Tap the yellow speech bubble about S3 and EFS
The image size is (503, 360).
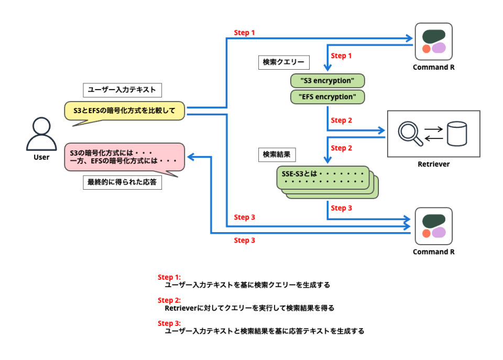click(x=124, y=111)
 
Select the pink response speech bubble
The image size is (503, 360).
click(x=124, y=157)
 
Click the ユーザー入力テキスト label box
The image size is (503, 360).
click(x=122, y=90)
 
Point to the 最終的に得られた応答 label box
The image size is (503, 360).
click(x=122, y=182)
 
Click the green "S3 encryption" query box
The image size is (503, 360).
click(x=327, y=81)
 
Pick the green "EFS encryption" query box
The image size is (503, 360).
click(x=327, y=96)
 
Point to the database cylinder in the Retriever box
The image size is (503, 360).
click(x=456, y=134)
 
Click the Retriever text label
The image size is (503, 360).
click(x=433, y=164)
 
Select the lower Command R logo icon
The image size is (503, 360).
click(x=433, y=226)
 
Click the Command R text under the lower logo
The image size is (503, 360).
click(x=433, y=252)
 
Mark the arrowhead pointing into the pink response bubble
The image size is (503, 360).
click(x=190, y=157)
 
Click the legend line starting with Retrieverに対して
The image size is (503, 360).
click(x=249, y=308)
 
